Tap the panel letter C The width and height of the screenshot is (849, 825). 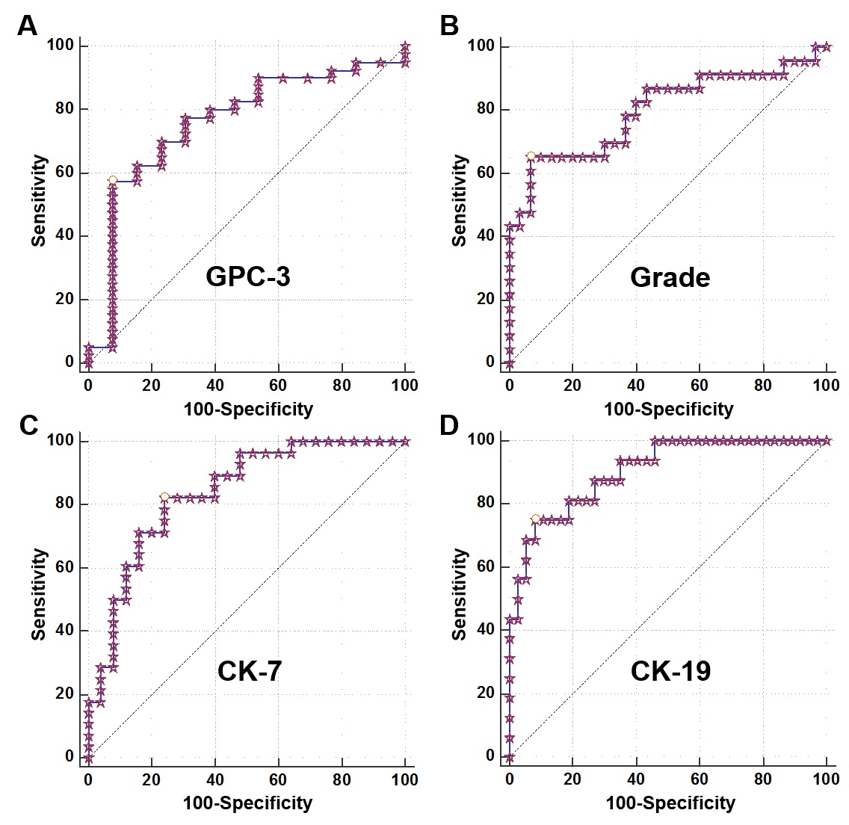[x=28, y=424]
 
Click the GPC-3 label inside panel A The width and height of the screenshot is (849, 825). [x=248, y=277]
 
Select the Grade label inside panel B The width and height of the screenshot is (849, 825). [x=670, y=277]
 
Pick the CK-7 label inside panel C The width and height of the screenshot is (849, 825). [x=250, y=671]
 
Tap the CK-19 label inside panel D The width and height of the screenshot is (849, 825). [x=670, y=671]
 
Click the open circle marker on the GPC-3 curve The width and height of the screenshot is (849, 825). [x=113, y=180]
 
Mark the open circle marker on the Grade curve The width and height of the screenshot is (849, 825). [x=531, y=155]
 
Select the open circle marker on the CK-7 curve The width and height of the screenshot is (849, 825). [x=164, y=496]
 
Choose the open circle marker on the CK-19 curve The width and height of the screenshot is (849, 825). [x=535, y=519]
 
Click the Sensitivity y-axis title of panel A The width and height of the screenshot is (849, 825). [x=39, y=200]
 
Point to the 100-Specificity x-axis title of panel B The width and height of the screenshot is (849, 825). [x=668, y=410]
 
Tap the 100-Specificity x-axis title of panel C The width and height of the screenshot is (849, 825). [x=247, y=803]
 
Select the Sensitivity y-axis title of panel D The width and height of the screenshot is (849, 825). [x=460, y=594]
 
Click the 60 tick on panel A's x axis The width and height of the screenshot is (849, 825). [x=278, y=386]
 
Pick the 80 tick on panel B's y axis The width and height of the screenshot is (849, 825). [x=485, y=109]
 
